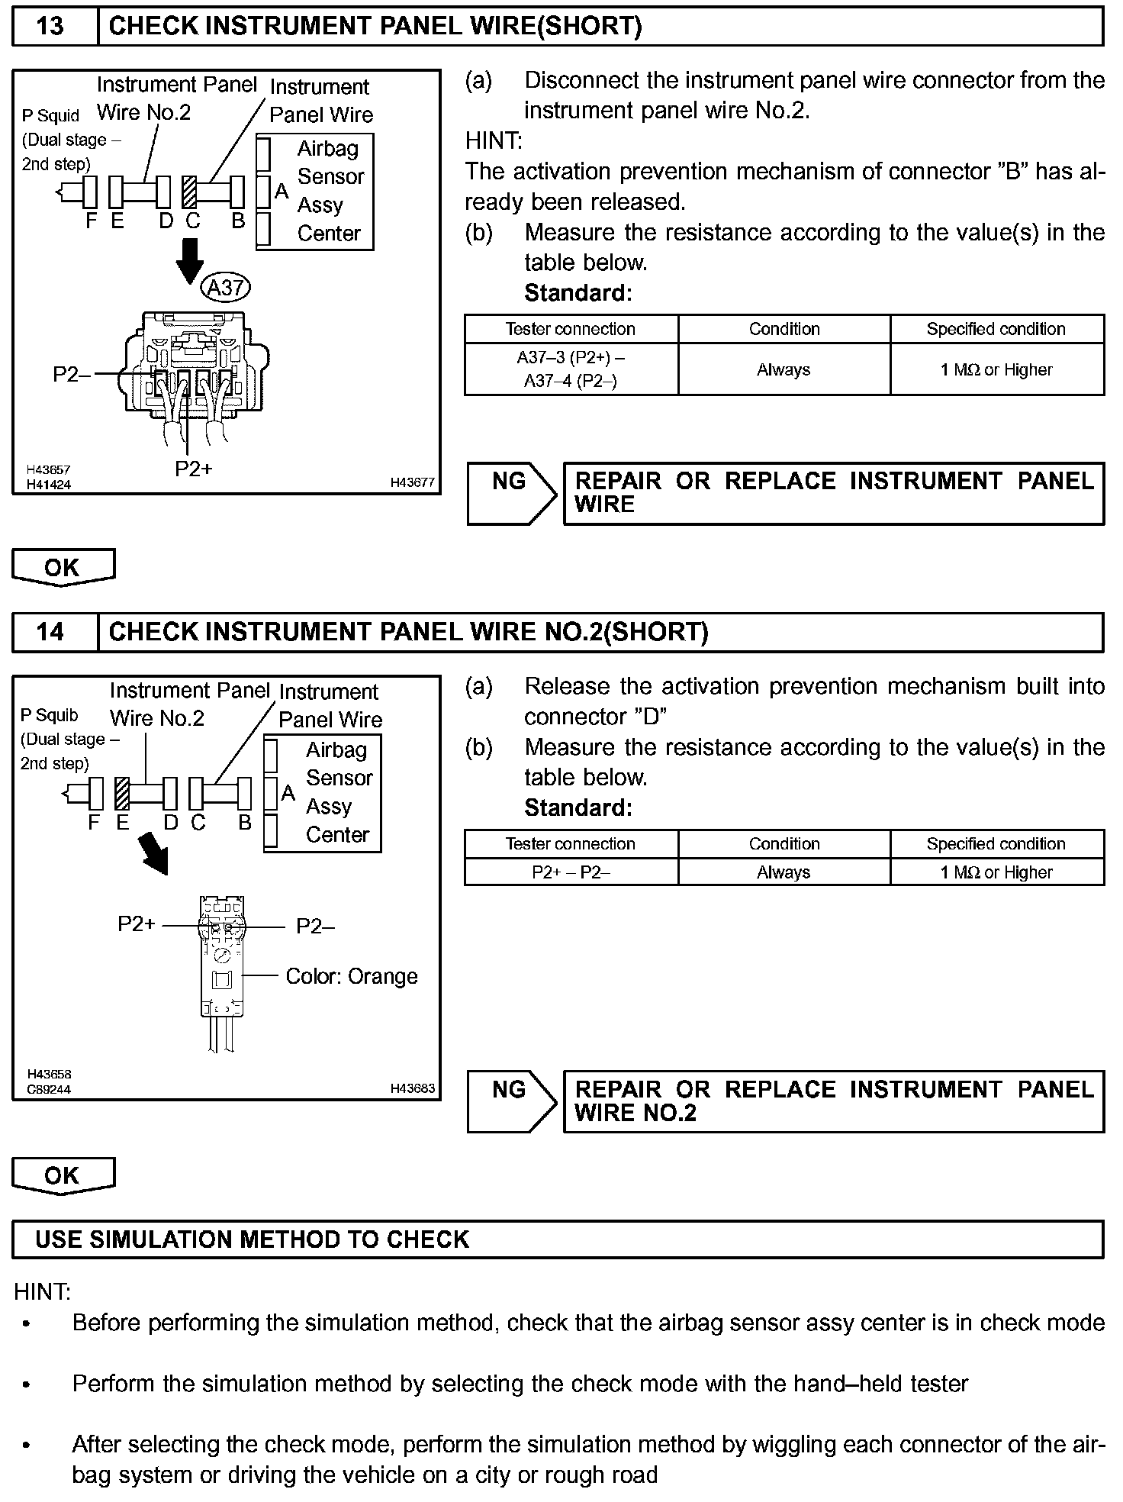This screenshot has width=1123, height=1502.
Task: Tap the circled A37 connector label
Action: pos(226,287)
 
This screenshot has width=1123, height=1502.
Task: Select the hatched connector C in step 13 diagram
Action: pos(190,192)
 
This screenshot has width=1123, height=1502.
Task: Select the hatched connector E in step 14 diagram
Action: pos(121,793)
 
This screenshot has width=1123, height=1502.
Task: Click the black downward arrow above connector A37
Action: pos(189,260)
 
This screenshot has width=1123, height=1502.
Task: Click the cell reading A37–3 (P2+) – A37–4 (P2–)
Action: pos(571,369)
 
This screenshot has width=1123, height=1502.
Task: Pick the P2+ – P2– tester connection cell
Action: pos(571,872)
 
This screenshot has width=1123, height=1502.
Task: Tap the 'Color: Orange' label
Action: pos(352,976)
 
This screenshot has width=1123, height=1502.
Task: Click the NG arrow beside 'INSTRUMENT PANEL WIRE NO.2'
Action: pos(512,1101)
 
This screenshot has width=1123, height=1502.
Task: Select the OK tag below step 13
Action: pos(63,568)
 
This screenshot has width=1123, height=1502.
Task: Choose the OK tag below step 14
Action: pos(63,1176)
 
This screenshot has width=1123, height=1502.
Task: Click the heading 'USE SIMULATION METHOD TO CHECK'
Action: pos(252,1239)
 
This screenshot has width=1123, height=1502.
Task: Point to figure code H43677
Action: pos(412,482)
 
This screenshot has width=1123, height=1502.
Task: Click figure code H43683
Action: pos(412,1088)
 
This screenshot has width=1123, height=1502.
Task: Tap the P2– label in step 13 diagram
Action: pos(71,374)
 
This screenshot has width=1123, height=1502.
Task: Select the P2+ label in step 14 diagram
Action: pos(137,924)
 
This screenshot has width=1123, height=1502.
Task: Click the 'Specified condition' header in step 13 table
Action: pos(996,329)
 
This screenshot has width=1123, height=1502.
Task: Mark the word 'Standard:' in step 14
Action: pos(578,807)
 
